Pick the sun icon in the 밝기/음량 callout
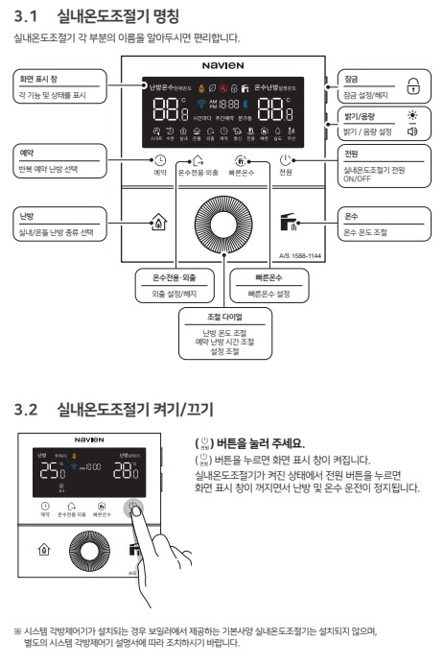coord(413,113)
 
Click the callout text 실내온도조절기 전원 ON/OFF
coord(377,173)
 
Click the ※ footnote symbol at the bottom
coord(18,630)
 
